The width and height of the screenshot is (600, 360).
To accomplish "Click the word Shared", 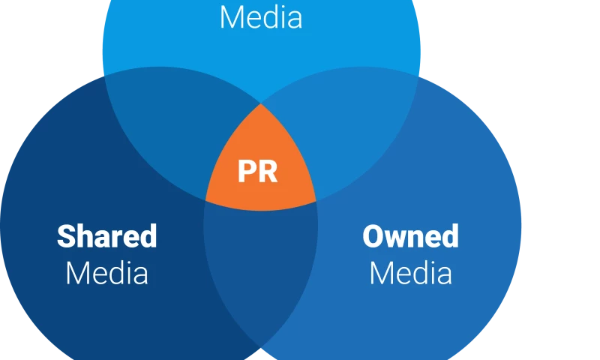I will click(x=107, y=236).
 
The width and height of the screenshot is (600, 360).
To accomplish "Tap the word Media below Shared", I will click(x=106, y=273).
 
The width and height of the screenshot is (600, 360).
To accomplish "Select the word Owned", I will click(x=410, y=236).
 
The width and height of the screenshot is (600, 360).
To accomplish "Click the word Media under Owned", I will click(x=410, y=273).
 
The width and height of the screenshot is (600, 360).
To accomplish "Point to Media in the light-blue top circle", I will click(x=261, y=17).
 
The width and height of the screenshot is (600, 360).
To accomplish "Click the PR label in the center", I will click(x=257, y=172).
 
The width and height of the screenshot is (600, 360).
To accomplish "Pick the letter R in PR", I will click(x=268, y=172).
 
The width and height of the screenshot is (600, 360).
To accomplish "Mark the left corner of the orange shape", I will click(x=206, y=200).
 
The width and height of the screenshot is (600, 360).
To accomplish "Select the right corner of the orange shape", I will click(x=316, y=200).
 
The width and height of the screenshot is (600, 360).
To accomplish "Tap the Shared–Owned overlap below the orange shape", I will click(x=261, y=262).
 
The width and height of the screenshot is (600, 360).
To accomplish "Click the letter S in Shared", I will click(x=66, y=236).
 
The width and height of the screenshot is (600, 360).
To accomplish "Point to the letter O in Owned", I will click(x=373, y=236).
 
